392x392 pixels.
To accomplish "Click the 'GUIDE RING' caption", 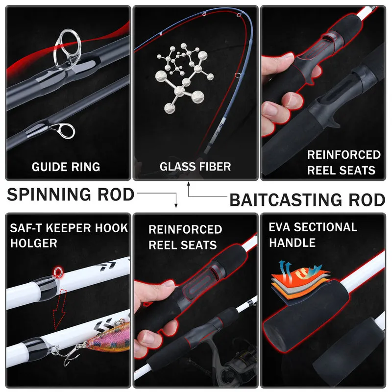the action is (x=66, y=167).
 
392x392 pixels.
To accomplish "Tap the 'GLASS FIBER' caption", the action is (x=195, y=167).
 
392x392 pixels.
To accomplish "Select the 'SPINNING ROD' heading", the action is (x=71, y=195).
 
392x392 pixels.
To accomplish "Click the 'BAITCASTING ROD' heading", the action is (x=307, y=200).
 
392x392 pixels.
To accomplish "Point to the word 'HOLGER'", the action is (x=34, y=243).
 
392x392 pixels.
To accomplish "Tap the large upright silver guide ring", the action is (x=67, y=49).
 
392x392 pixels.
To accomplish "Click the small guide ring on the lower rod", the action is (x=66, y=130).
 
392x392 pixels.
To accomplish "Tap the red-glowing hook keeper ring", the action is (x=58, y=272).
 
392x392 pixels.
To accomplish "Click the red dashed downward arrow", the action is (x=60, y=309).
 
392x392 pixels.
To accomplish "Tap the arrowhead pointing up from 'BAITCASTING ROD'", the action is (x=189, y=184).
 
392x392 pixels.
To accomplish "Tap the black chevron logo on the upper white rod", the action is (x=108, y=266).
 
